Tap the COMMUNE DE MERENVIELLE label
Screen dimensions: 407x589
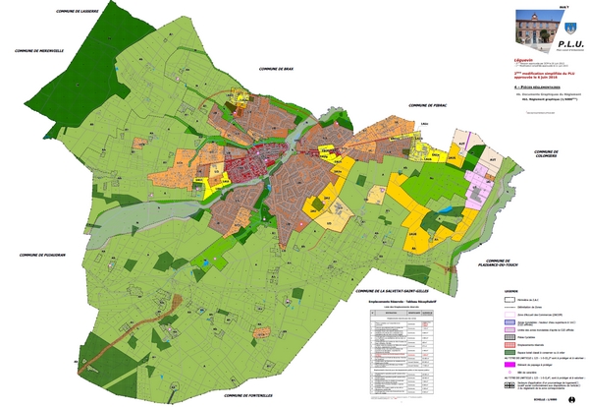coord(40,50)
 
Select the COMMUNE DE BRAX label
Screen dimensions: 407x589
coord(277,71)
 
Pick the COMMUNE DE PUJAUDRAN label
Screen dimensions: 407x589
coord(45,255)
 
